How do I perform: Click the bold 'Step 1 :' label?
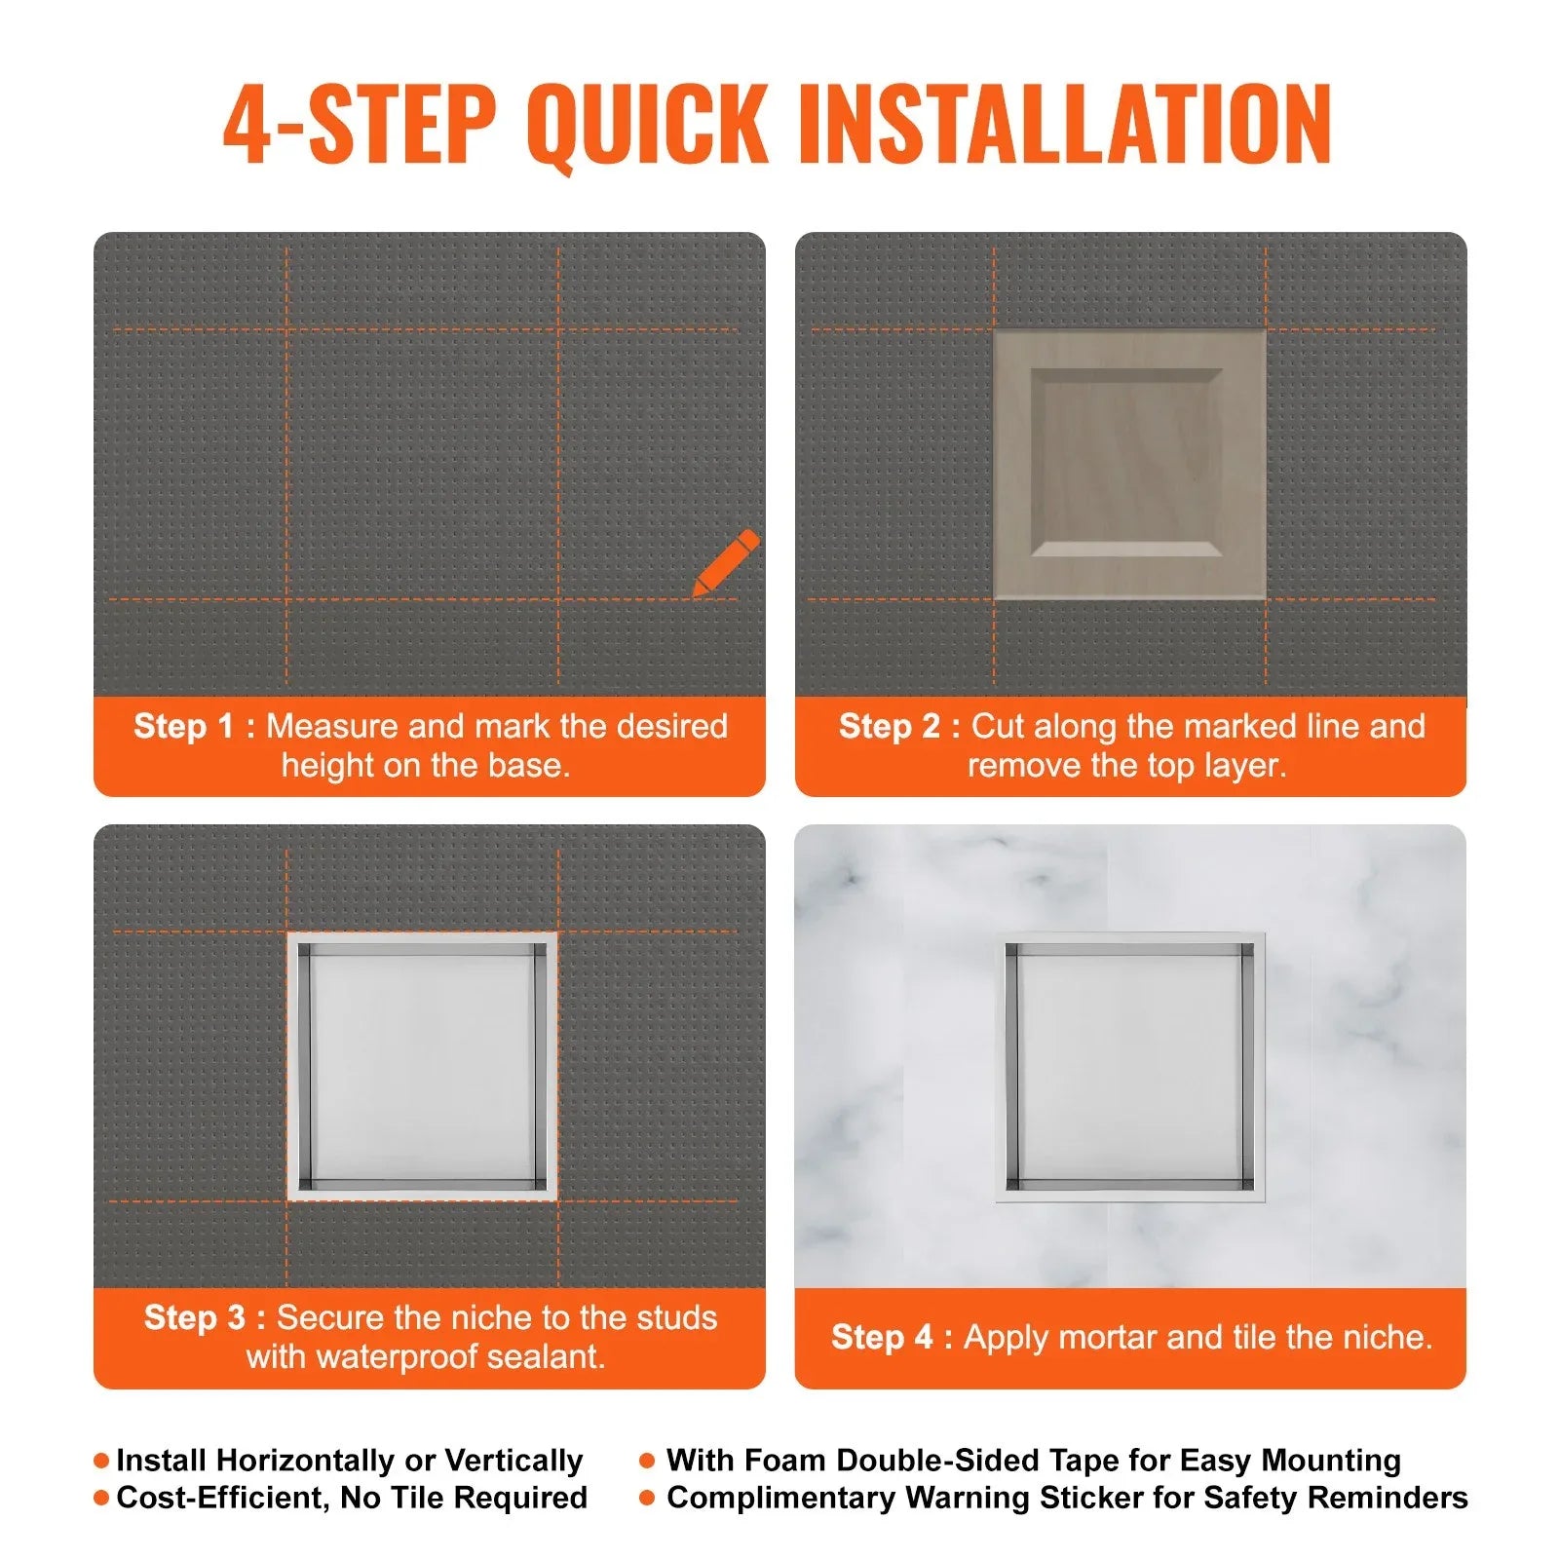[194, 727]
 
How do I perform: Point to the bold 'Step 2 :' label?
[899, 727]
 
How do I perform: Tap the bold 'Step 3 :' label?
[205, 1318]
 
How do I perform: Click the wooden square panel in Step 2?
[1129, 465]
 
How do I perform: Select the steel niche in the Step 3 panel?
[422, 1066]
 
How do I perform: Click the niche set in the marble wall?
[1129, 1067]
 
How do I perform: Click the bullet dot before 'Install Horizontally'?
[101, 1461]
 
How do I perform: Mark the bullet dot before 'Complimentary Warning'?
[647, 1498]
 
